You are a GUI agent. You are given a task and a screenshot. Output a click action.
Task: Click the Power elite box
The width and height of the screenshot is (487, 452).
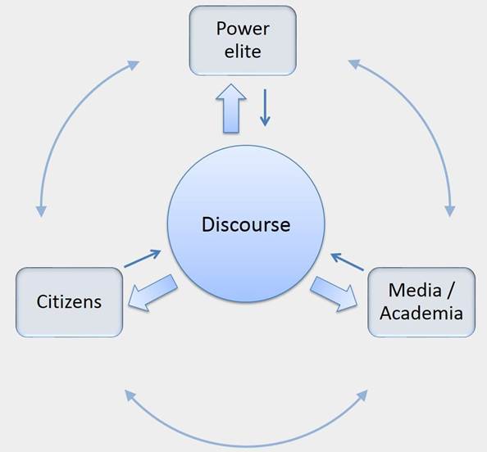click(x=243, y=41)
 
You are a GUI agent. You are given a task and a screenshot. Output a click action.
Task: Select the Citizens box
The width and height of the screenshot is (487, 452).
click(x=69, y=302)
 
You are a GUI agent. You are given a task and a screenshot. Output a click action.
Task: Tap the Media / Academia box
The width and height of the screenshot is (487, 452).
click(x=421, y=302)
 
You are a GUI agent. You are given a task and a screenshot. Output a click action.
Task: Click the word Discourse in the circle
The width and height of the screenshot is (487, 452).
click(x=246, y=224)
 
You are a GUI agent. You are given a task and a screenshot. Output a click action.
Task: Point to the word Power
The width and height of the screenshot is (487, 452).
click(x=243, y=29)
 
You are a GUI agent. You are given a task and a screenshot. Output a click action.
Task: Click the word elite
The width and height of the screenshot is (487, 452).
click(x=243, y=52)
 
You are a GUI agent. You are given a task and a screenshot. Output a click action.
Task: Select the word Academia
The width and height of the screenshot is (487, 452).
click(x=421, y=313)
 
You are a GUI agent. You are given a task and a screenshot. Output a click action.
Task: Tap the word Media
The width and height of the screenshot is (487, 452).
click(x=415, y=291)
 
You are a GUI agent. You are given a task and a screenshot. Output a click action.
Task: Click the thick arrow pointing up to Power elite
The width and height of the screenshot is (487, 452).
click(x=231, y=109)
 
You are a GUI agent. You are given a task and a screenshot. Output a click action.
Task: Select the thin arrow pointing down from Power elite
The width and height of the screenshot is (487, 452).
click(x=265, y=107)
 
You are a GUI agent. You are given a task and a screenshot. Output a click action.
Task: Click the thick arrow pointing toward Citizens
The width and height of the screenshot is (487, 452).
click(x=152, y=292)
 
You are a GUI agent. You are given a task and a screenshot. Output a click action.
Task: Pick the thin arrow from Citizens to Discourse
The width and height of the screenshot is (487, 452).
click(x=143, y=259)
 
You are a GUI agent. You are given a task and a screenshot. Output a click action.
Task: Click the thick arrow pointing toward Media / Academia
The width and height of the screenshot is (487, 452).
click(x=334, y=294)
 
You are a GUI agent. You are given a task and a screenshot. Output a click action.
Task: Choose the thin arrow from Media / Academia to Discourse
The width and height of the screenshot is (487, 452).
click(x=347, y=262)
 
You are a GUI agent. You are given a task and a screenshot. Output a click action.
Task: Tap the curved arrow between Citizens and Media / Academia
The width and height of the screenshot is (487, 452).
click(x=246, y=446)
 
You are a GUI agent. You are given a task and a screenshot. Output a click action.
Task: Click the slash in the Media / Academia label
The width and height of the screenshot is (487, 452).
click(x=449, y=291)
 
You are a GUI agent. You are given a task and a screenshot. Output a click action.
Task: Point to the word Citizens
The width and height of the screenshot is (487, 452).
click(x=69, y=301)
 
